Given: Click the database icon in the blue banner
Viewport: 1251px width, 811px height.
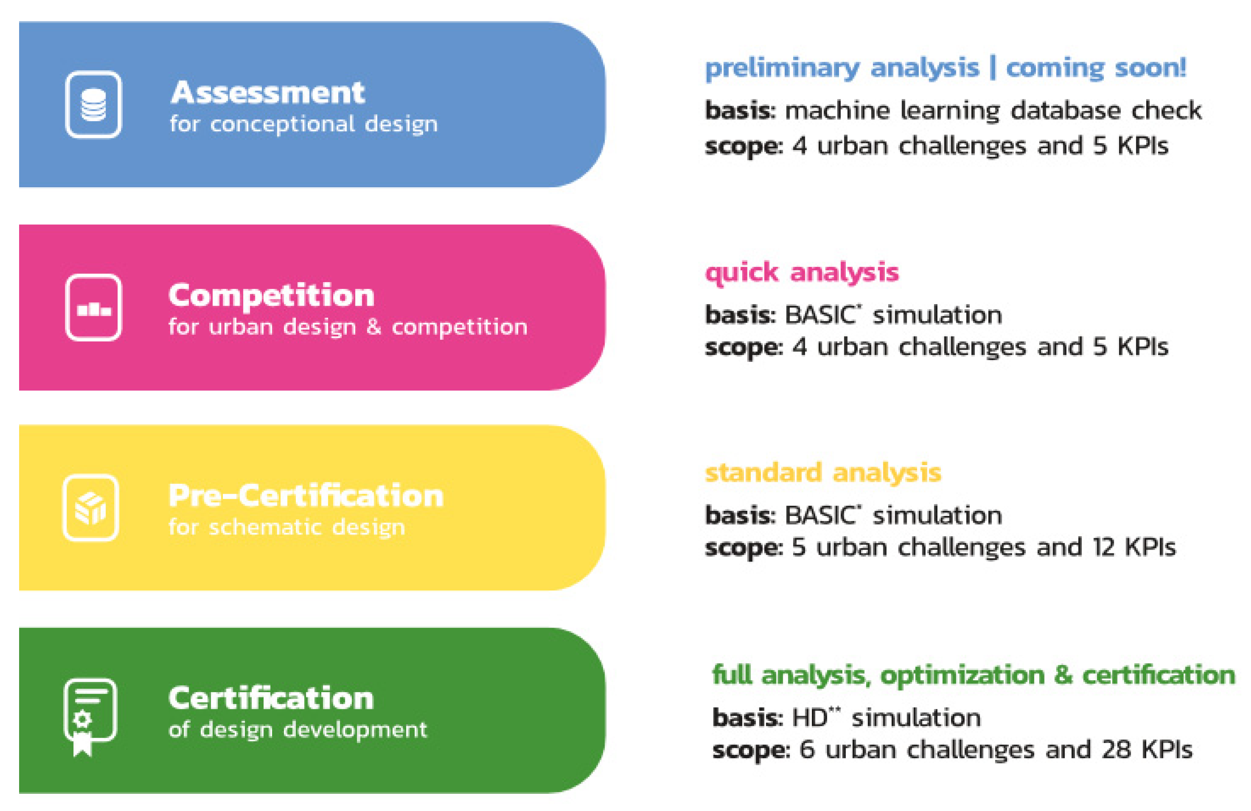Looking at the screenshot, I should pyautogui.click(x=94, y=105).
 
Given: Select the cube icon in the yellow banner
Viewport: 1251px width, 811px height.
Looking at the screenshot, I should pyautogui.click(x=91, y=508).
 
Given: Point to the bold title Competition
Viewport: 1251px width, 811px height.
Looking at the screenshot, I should pyautogui.click(x=271, y=295).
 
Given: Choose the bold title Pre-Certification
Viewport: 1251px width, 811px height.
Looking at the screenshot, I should pyautogui.click(x=306, y=496).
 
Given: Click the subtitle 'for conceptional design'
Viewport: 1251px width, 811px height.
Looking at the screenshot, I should pyautogui.click(x=303, y=124).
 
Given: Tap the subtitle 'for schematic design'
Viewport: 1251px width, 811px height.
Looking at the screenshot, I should pyautogui.click(x=286, y=527).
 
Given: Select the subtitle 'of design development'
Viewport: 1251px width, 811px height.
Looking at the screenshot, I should pyautogui.click(x=297, y=730).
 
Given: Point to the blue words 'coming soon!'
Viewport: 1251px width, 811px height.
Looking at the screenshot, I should pyautogui.click(x=1096, y=68).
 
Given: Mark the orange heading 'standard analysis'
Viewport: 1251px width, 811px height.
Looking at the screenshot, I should pyautogui.click(x=823, y=472).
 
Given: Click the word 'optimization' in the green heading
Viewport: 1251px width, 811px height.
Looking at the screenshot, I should pyautogui.click(x=962, y=675).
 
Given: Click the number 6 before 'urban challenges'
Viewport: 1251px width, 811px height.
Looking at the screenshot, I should pyautogui.click(x=807, y=749).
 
